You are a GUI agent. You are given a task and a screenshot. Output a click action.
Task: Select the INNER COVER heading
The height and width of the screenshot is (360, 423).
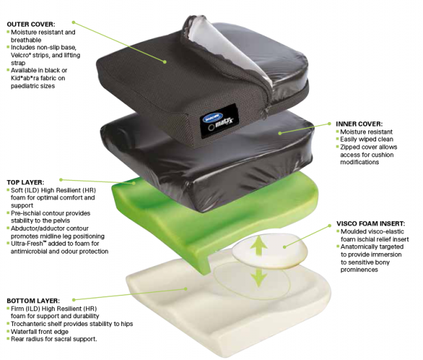[359, 123]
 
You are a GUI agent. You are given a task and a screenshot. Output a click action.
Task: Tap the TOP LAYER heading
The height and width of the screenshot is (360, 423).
[25, 182]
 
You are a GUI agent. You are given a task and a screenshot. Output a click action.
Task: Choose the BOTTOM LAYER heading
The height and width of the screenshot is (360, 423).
[32, 301]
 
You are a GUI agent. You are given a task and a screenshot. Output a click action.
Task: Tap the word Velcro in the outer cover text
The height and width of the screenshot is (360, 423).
[23, 55]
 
